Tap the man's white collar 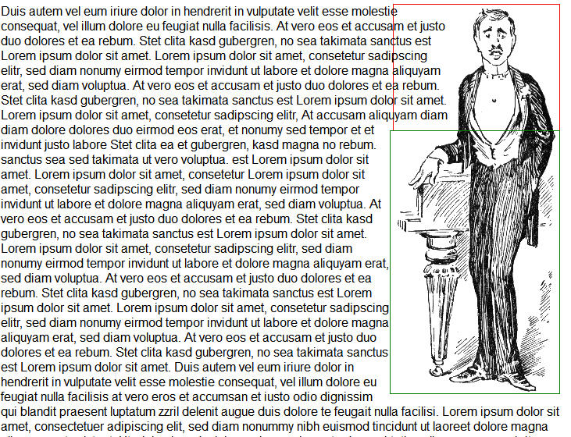click(x=494, y=73)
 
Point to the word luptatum click(x=152, y=410)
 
